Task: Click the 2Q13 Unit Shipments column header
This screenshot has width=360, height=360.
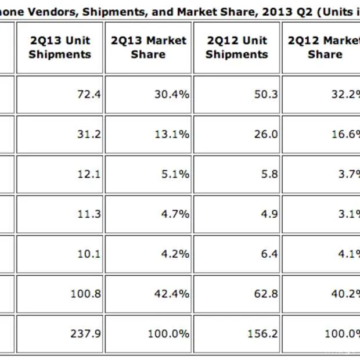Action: pyautogui.click(x=60, y=48)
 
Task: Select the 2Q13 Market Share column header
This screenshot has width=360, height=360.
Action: pyautogui.click(x=149, y=48)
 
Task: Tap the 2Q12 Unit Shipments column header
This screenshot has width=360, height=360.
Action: pyautogui.click(x=237, y=48)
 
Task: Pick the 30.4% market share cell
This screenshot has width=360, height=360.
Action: pyautogui.click(x=175, y=93)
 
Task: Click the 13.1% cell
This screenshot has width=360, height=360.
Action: pyautogui.click(x=175, y=134)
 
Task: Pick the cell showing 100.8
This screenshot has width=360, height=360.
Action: pyautogui.click(x=86, y=294)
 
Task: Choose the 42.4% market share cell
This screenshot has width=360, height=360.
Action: pyautogui.click(x=175, y=294)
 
